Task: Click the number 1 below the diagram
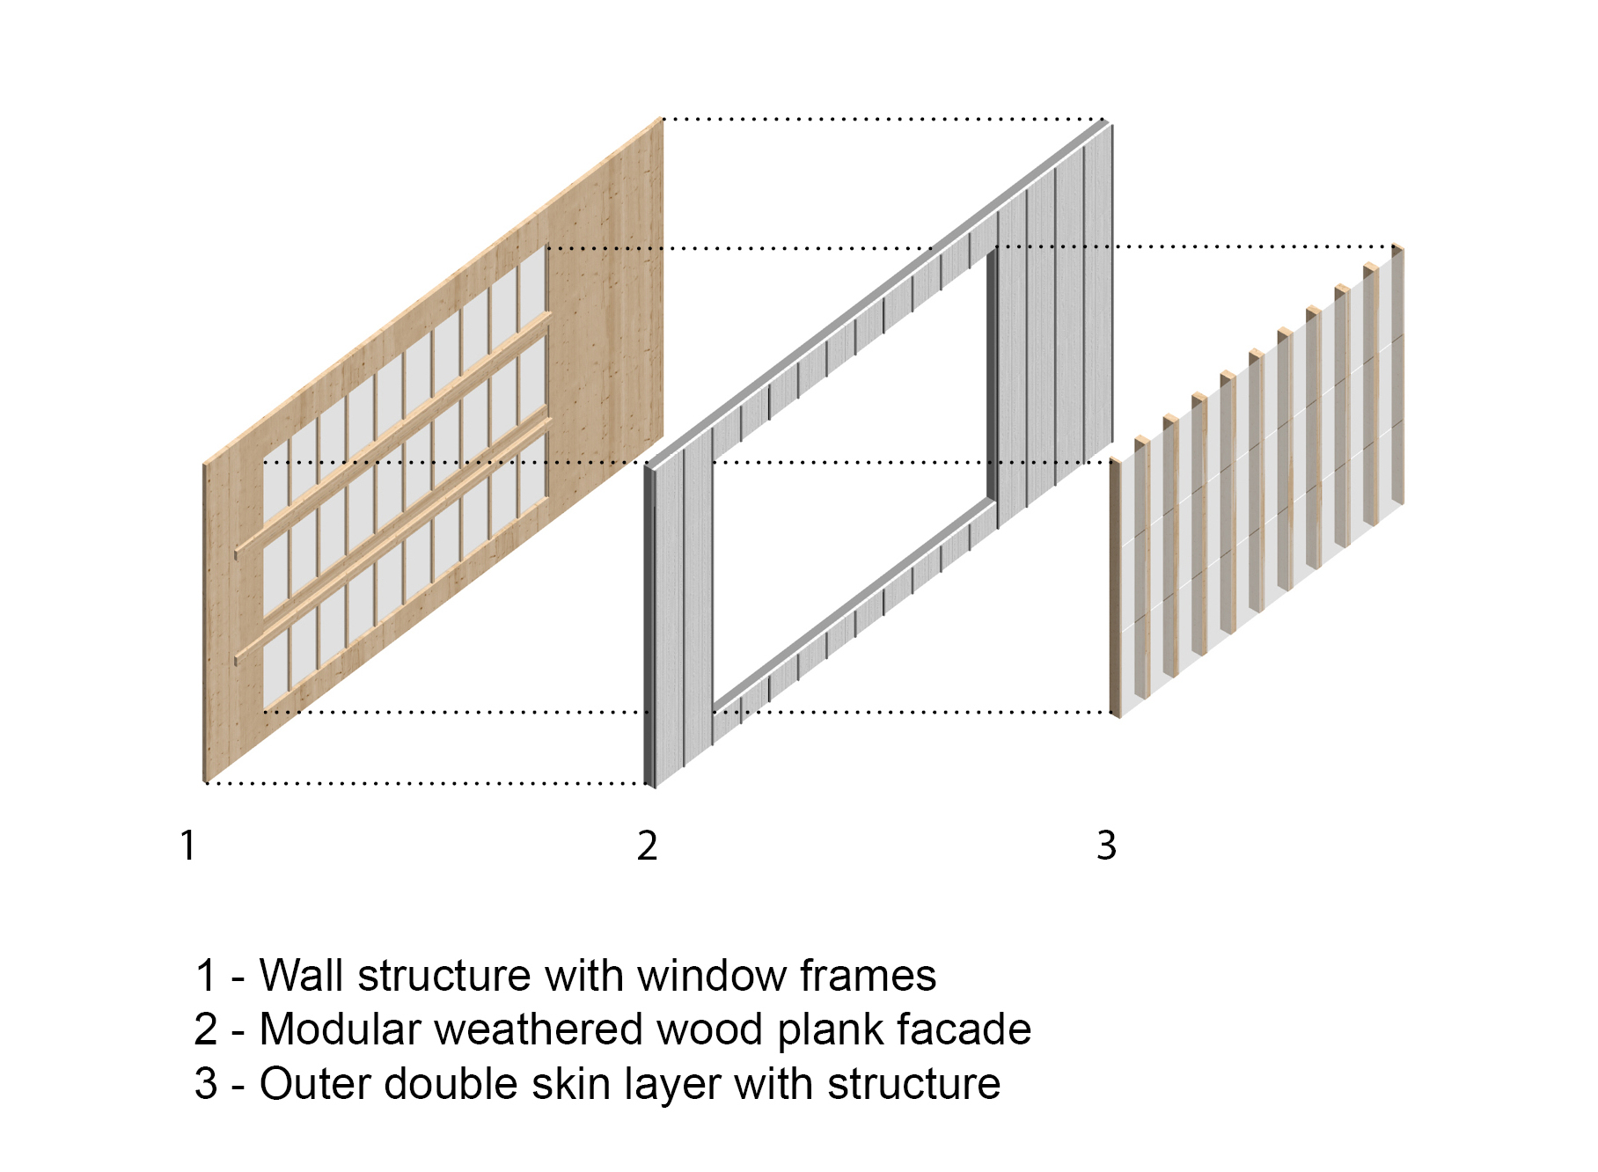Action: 187,846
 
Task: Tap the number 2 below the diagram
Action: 647,846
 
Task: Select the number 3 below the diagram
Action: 1106,846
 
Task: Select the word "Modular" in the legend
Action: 340,1029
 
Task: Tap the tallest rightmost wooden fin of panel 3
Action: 1396,378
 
